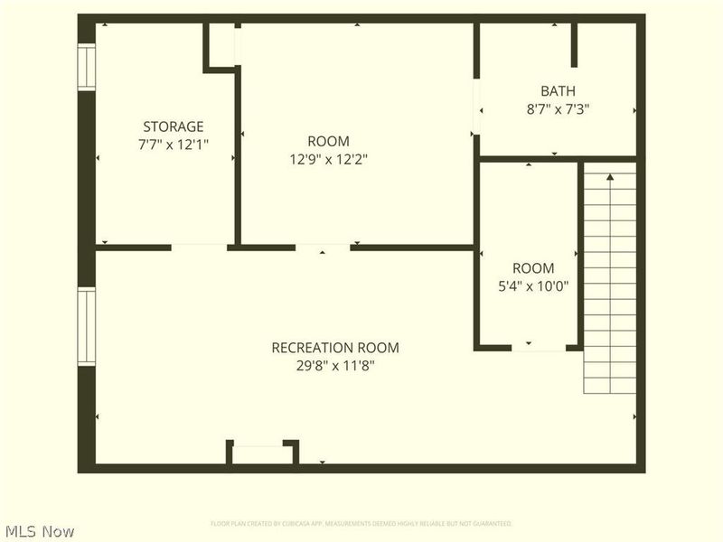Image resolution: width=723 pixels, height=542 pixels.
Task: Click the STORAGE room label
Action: pos(173,126)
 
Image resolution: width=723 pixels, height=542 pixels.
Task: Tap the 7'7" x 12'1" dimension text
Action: pos(173,144)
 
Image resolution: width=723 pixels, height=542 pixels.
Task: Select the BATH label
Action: pos(558,91)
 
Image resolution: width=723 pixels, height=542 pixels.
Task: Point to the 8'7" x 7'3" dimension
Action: pos(558,108)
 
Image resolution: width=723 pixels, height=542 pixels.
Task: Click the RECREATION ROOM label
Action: pos(335,348)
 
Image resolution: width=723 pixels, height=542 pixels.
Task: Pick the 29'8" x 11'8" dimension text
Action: pos(335,365)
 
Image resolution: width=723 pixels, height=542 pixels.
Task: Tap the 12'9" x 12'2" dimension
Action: pos(328,159)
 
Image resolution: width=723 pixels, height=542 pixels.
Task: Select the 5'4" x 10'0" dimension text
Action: pos(533,286)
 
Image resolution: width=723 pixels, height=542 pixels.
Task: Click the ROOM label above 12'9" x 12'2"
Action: pos(328,142)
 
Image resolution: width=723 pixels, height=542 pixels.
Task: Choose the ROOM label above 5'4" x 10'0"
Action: pos(533,268)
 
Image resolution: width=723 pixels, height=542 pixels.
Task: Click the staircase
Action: pos(610,280)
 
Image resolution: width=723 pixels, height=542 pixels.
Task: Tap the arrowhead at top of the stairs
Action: pos(610,178)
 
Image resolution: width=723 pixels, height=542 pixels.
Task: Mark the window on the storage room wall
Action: pos(86,68)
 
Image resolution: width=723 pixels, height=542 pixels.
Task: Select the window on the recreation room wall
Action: pos(86,326)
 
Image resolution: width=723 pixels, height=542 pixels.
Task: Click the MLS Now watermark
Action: pos(40,531)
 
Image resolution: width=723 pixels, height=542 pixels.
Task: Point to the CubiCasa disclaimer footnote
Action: pos(361,523)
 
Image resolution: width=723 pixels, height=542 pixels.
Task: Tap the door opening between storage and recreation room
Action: pos(199,247)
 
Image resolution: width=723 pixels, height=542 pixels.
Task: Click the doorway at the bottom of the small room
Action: pos(539,347)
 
